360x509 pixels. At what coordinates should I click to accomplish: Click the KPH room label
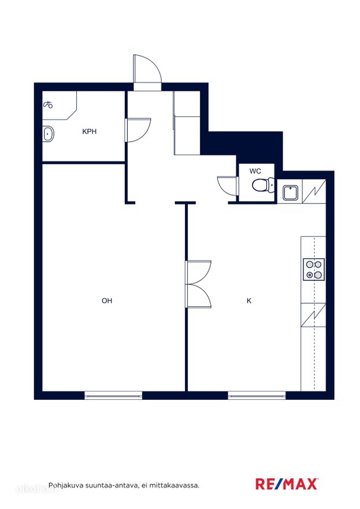point(89,132)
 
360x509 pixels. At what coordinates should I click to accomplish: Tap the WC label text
point(255,171)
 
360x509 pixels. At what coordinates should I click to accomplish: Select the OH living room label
point(107,300)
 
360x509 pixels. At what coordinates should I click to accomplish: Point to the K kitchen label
point(249,300)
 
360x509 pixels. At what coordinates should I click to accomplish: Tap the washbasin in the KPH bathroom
point(48,133)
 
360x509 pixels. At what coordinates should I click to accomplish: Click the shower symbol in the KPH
point(48,105)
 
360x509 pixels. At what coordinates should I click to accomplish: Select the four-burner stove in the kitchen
point(314,269)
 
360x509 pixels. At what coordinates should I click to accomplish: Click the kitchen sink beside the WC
point(290,193)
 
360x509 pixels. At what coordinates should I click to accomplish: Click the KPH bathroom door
point(138,130)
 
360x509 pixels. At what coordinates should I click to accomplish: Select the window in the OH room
point(113,395)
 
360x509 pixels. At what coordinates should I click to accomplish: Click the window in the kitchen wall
point(257,395)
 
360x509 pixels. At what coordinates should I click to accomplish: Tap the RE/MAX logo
point(287,484)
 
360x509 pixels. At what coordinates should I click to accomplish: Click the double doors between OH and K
point(198,284)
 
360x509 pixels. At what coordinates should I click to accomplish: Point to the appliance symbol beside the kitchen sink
point(314,191)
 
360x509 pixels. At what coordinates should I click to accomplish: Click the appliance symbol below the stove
point(313,315)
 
